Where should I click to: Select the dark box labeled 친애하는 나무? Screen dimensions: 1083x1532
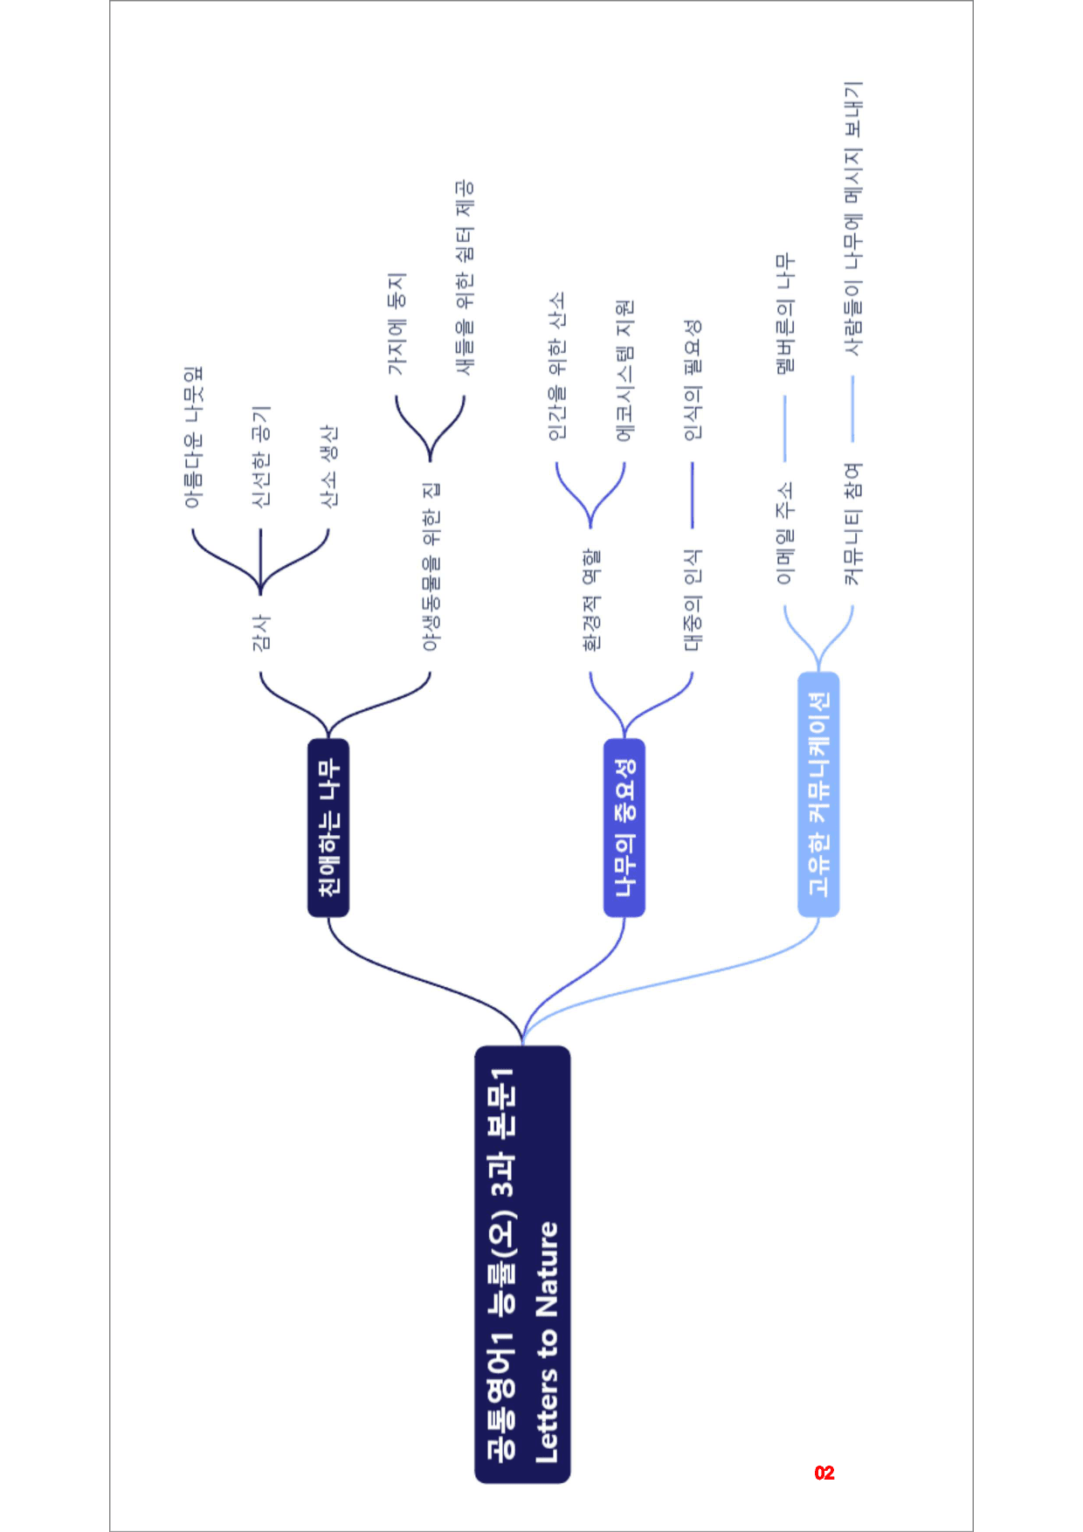(328, 828)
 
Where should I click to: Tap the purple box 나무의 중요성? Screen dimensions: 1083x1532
(624, 828)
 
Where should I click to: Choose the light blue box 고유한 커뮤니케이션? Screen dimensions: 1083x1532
(818, 794)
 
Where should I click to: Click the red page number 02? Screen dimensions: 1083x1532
(824, 1473)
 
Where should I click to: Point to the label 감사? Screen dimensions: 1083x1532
(260, 632)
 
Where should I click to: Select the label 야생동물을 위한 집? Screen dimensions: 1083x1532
(431, 567)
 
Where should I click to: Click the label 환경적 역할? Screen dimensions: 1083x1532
(591, 600)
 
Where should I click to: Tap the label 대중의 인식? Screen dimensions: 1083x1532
(693, 600)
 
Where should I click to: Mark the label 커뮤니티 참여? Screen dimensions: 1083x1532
(853, 524)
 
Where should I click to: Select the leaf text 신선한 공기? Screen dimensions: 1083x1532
(260, 457)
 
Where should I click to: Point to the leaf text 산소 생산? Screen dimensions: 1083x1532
(328, 466)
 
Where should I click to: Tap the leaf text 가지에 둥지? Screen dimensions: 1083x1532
(397, 324)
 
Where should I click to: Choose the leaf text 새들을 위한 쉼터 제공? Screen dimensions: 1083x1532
(465, 278)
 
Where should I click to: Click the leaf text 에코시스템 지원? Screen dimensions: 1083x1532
(624, 370)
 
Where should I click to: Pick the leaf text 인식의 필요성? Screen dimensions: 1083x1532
(693, 380)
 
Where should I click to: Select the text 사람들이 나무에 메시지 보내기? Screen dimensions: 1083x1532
(853, 218)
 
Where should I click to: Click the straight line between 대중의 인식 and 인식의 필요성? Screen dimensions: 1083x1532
(693, 495)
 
